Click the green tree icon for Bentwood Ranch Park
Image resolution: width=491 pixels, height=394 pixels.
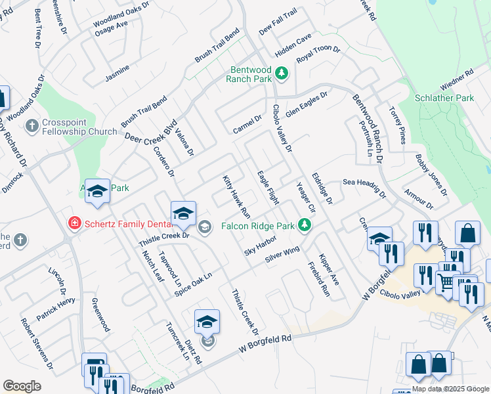pyautogui.click(x=282, y=72)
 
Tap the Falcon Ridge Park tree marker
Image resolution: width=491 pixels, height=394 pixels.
pyautogui.click(x=304, y=225)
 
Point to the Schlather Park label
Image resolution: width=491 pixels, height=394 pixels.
pyautogui.click(x=444, y=98)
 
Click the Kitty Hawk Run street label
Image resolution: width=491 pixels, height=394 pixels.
pyautogui.click(x=236, y=196)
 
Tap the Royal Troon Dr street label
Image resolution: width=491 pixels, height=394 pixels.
pyautogui.click(x=318, y=55)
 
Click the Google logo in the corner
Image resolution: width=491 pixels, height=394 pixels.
pyautogui.click(x=22, y=386)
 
